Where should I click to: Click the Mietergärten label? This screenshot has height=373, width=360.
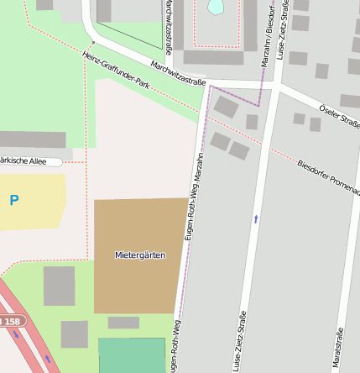point(140,254)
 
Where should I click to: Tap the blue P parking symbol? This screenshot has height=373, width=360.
point(13,201)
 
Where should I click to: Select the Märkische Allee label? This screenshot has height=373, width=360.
point(25,160)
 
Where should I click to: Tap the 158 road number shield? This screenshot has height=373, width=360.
point(10,322)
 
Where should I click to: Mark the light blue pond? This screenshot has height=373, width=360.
point(216,7)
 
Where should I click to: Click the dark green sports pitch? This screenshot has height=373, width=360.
point(132,355)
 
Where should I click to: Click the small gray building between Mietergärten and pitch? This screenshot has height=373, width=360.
point(123,323)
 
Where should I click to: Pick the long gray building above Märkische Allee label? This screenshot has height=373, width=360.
point(32,139)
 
